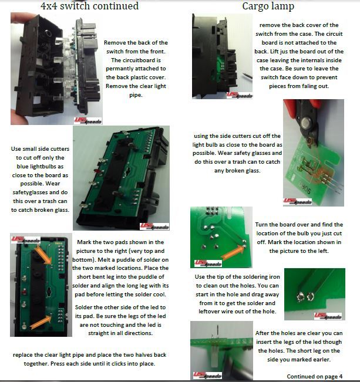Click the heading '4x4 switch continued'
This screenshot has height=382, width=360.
[89, 6]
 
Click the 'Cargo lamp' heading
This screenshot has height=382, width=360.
[268, 6]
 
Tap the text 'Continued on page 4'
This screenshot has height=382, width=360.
[314, 376]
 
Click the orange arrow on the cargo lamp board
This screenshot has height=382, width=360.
[233, 251]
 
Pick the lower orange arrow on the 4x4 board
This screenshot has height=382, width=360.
[41, 322]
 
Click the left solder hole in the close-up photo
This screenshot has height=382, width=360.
[301, 297]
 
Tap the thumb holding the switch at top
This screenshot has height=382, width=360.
[22, 18]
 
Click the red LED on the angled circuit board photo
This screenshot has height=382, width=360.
[99, 171]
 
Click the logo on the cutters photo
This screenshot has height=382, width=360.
[298, 201]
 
